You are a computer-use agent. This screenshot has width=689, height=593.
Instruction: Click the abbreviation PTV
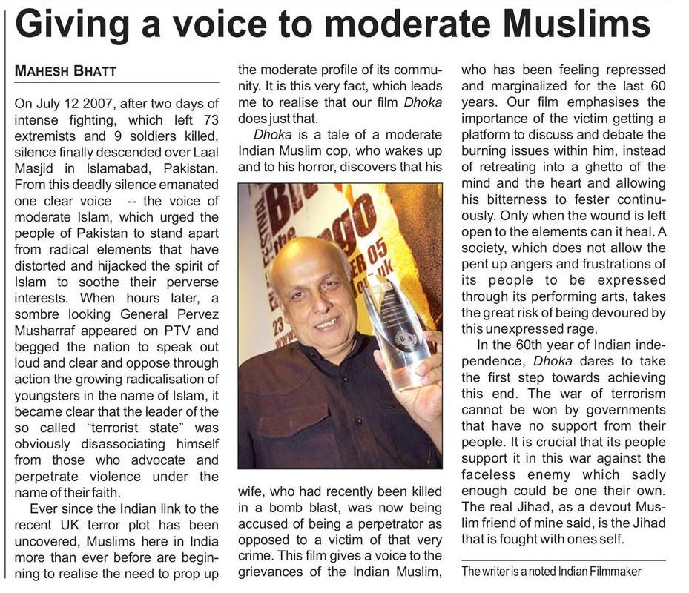click(174, 331)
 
